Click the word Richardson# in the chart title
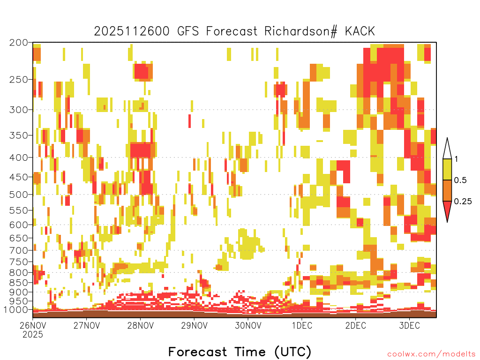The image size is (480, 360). pyautogui.click(x=301, y=31)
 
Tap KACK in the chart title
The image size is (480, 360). pyautogui.click(x=360, y=31)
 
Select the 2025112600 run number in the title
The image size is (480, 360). pyautogui.click(x=132, y=31)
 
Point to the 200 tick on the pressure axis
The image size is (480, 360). pyautogui.click(x=18, y=43)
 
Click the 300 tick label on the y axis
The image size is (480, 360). pyautogui.click(x=18, y=110)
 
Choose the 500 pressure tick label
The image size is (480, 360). pyautogui.click(x=18, y=195)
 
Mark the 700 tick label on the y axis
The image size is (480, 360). pyautogui.click(x=18, y=250)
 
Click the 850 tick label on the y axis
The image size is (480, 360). pyautogui.click(x=18, y=283)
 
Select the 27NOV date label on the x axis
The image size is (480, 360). pyautogui.click(x=87, y=325)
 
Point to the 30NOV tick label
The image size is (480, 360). pyautogui.click(x=248, y=325)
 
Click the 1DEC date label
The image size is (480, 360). pyautogui.click(x=302, y=325)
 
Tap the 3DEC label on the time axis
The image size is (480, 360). pyautogui.click(x=409, y=325)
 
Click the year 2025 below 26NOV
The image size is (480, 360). pyautogui.click(x=33, y=335)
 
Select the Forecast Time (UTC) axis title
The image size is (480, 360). pyautogui.click(x=240, y=352)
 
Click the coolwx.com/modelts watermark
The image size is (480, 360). pyautogui.click(x=432, y=354)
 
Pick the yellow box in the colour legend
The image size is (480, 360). pyautogui.click(x=447, y=169)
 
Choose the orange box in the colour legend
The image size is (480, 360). pyautogui.click(x=447, y=190)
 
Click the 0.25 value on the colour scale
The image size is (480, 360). pyautogui.click(x=463, y=202)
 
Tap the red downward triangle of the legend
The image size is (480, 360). pyautogui.click(x=447, y=209)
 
